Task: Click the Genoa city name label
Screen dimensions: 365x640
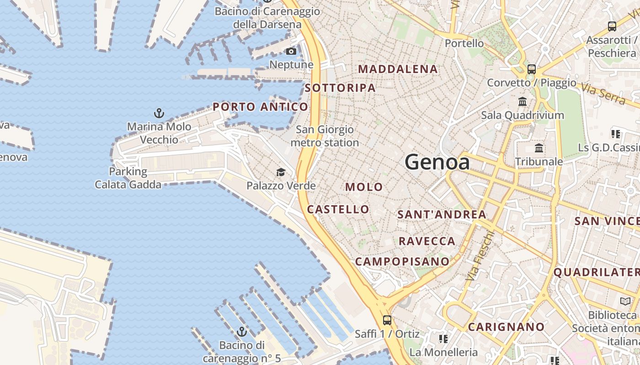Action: (437, 162)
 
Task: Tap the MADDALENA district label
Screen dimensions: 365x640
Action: (398, 69)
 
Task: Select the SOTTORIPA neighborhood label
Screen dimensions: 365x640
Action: (340, 88)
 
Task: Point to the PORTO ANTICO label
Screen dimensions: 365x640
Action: (261, 107)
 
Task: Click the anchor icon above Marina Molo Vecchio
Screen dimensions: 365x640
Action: (159, 113)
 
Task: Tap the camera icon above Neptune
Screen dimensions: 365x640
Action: (291, 51)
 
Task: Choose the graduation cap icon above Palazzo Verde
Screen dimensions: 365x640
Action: (281, 172)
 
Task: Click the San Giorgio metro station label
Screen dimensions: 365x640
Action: (325, 136)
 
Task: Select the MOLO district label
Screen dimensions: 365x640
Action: (364, 187)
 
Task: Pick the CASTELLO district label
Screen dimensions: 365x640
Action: (338, 209)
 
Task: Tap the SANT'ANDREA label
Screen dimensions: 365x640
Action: (442, 214)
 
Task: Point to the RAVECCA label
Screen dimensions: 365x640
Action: (427, 241)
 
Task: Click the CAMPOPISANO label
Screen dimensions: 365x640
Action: (402, 261)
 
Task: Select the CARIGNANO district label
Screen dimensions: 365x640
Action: (506, 327)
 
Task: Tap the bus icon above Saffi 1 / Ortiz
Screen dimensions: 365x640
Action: (387, 320)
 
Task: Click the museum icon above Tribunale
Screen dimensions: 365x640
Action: (539, 148)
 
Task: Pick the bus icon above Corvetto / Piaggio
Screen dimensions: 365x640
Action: (531, 69)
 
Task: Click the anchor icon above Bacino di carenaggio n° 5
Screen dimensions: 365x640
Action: (242, 332)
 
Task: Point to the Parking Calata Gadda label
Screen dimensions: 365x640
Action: (128, 178)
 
